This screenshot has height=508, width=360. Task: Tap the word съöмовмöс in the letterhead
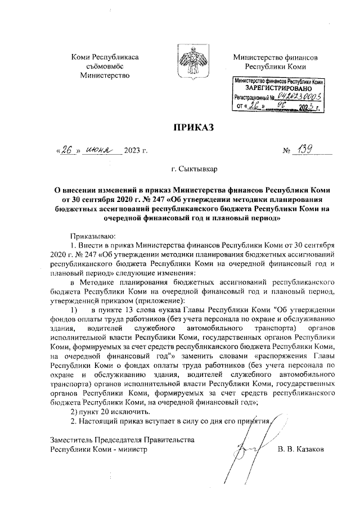coord(105,66)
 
